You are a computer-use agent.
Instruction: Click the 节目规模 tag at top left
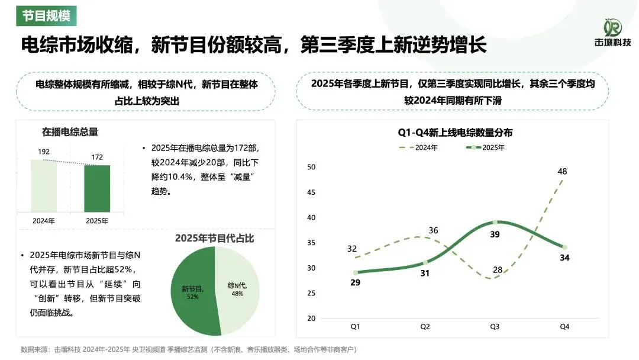[46, 15]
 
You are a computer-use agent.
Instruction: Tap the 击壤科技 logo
[612, 33]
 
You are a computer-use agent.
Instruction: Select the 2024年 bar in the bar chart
[44, 185]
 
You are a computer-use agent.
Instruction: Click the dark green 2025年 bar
[96, 188]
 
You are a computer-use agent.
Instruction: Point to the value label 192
[44, 152]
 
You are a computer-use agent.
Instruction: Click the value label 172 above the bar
[96, 157]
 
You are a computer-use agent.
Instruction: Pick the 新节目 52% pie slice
[193, 292]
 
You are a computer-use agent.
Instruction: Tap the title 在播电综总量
[70, 131]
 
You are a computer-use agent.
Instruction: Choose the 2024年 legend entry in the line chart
[418, 147]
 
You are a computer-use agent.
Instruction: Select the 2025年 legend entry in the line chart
[485, 147]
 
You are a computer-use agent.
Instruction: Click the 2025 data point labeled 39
[495, 222]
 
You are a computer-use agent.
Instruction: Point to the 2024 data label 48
[562, 172]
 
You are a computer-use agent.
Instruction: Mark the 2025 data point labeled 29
[356, 272]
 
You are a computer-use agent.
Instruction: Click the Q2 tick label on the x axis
[425, 326]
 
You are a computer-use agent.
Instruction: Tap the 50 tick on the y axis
[311, 167]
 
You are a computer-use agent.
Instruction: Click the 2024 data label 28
[498, 270]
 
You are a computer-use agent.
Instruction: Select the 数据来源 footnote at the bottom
[189, 349]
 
